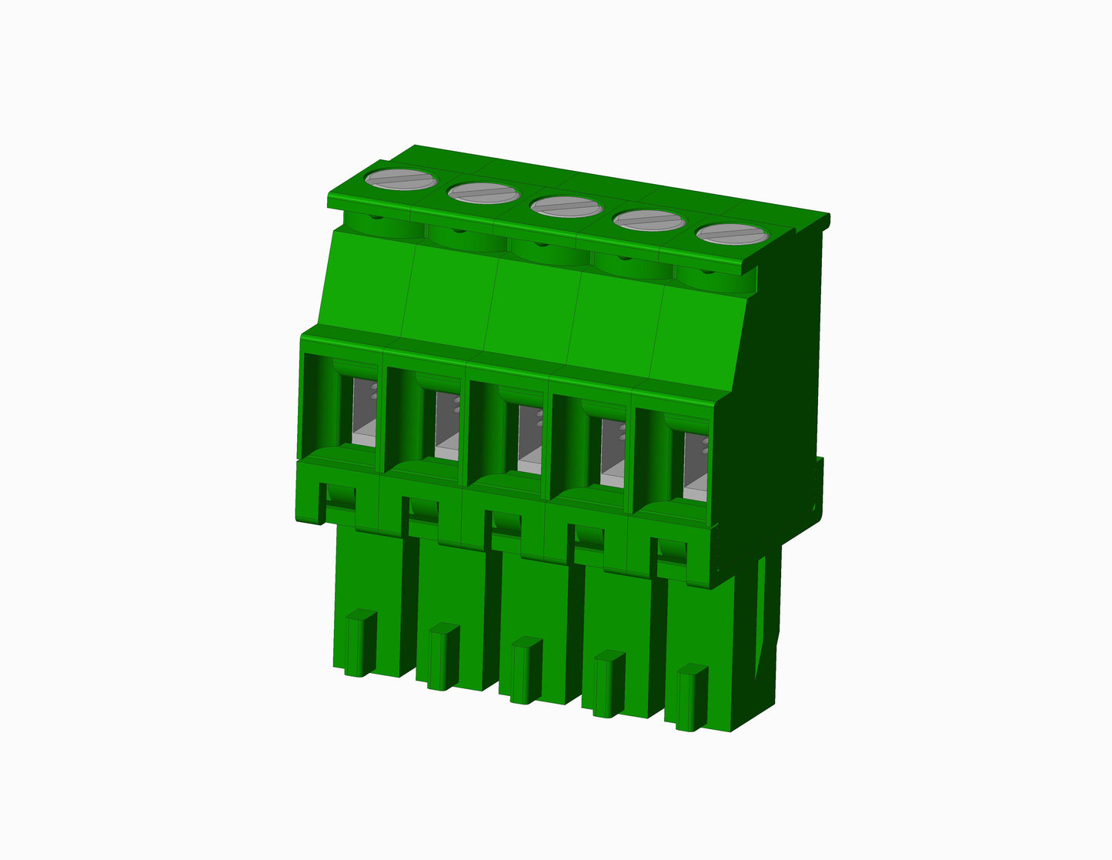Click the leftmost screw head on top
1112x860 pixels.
(401, 180)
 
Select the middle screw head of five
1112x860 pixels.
(566, 206)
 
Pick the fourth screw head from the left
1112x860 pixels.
(649, 220)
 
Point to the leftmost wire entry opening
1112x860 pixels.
(362, 411)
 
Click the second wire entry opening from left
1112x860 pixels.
(446, 425)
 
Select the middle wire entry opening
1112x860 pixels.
(529, 439)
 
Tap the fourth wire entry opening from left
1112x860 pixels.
(612, 453)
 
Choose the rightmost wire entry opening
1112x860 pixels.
(695, 467)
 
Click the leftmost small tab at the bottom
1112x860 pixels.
(359, 642)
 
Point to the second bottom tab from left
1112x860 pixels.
(442, 656)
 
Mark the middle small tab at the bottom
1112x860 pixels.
(526, 670)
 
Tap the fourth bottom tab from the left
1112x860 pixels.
(609, 684)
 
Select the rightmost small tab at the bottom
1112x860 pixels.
(691, 698)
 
